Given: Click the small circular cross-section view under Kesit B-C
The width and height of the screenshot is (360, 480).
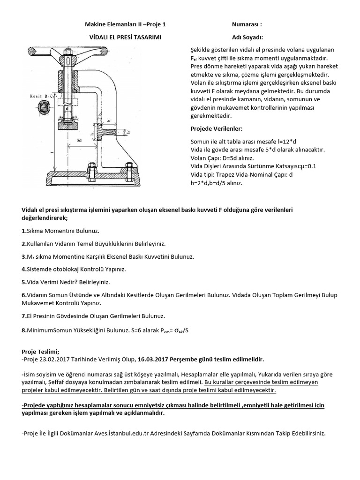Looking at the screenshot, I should [44, 108].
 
